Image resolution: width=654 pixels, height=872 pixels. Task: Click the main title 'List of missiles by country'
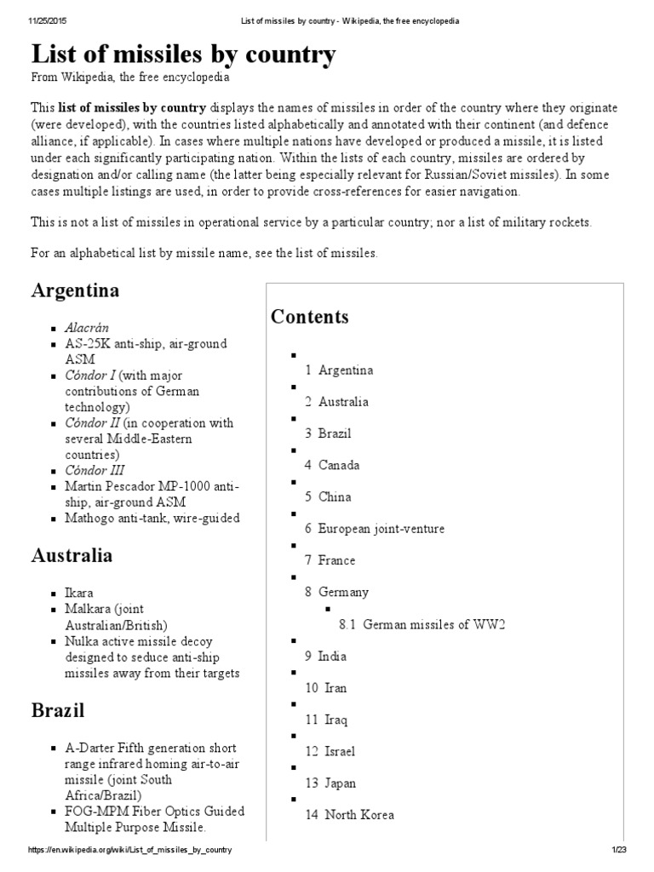pos(183,55)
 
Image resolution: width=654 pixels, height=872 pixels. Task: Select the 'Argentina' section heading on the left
pos(75,290)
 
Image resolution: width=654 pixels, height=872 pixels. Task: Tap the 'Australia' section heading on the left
pos(72,555)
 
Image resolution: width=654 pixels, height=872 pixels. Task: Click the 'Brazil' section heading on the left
pos(58,710)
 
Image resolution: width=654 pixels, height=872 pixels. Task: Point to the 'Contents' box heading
pos(310,317)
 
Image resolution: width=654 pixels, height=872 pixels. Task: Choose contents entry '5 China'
pos(328,496)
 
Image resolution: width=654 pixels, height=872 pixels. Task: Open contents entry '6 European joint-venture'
pos(375,529)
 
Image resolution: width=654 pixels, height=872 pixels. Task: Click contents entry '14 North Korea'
pos(350,815)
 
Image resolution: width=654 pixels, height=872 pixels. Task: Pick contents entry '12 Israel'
pos(330,751)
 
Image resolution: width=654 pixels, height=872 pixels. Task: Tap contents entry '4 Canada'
pos(332,465)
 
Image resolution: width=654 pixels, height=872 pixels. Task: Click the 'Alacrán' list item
pos(87,327)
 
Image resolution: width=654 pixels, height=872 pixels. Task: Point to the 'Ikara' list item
pos(79,591)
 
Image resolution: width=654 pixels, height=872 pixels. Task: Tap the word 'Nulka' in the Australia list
pos(82,641)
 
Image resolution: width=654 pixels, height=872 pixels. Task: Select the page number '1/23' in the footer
pos(618,851)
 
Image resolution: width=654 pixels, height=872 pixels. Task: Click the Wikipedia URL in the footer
pos(129,851)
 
